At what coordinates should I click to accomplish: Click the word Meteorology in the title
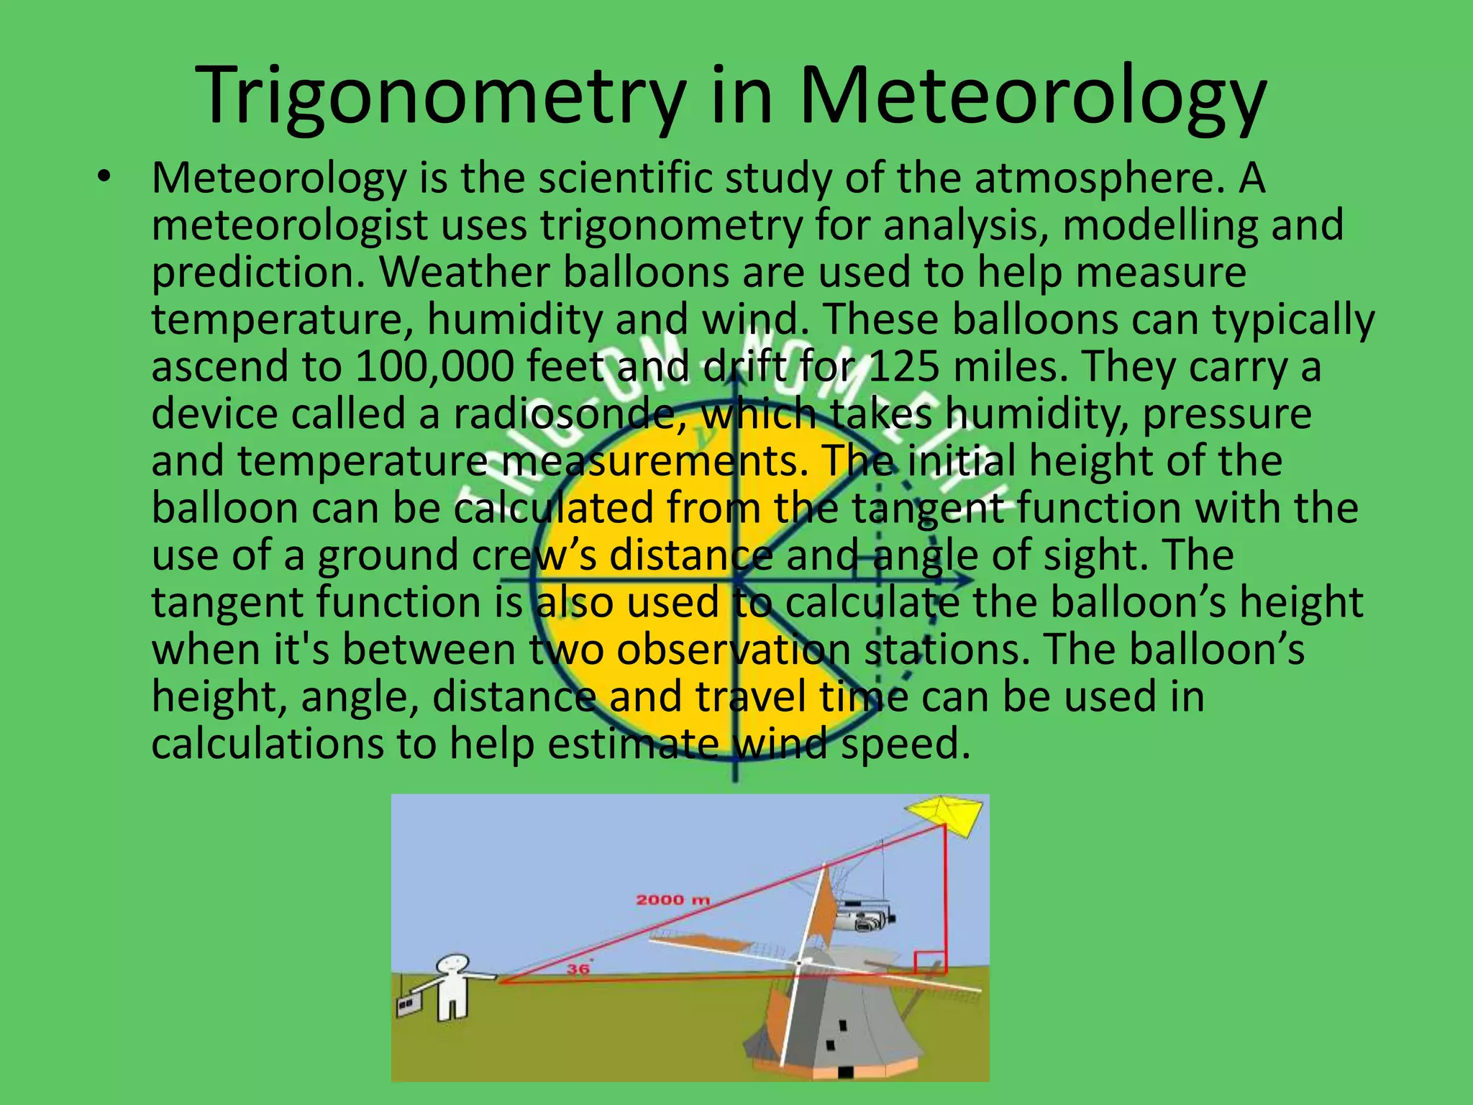[1032, 97]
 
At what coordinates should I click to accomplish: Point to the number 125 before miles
[903, 366]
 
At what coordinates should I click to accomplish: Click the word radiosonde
[565, 414]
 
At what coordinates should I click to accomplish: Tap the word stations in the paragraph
[943, 650]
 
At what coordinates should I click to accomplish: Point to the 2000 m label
[672, 899]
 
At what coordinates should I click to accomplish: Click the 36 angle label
[578, 969]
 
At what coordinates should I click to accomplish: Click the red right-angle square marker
[929, 963]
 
